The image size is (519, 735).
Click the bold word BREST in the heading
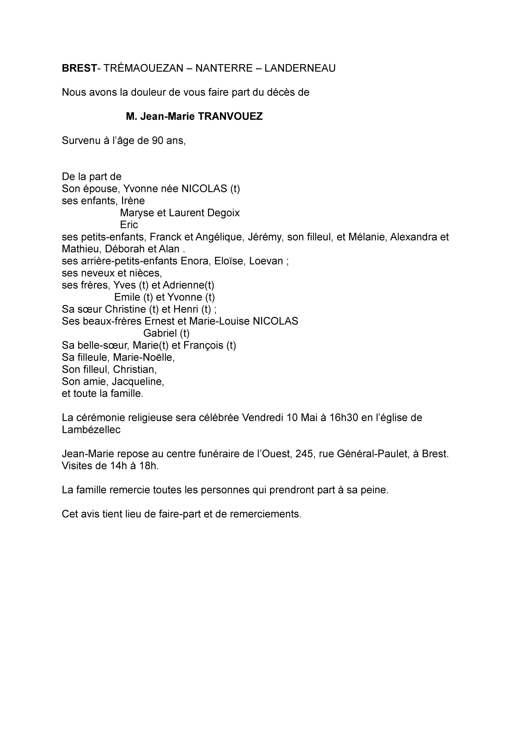[79, 68]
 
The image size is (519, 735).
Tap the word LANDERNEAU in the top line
[300, 68]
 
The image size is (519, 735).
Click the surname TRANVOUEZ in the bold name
[230, 117]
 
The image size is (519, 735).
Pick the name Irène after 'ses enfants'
[133, 201]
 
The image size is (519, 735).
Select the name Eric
[129, 225]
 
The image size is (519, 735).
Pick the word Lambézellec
[91, 430]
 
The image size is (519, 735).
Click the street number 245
[304, 454]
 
